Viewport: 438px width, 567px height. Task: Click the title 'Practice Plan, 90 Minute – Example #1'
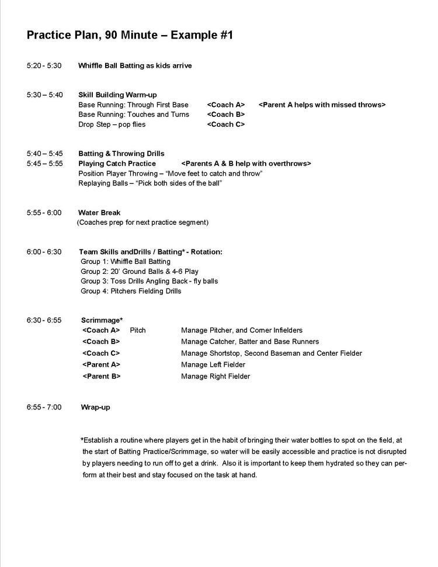coord(130,36)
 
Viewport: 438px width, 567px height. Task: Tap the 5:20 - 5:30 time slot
coord(44,65)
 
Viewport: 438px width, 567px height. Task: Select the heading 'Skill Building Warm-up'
coord(117,95)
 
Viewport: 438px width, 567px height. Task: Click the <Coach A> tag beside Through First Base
coord(225,105)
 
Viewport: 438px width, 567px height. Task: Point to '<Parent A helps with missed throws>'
coord(322,105)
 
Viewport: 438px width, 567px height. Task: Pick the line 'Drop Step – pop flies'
coord(112,124)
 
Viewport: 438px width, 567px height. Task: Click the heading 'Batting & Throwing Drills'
coord(121,154)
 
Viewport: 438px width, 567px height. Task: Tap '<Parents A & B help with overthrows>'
coord(246,164)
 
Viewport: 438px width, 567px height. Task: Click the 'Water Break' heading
coord(99,213)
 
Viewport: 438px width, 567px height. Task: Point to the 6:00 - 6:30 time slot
coord(44,252)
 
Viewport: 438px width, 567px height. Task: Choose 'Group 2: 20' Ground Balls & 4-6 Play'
coord(140,272)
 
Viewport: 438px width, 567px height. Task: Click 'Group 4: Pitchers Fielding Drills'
coord(131,291)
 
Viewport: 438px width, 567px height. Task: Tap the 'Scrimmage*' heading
coord(102,320)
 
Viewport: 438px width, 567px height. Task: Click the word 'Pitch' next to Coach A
coord(138,330)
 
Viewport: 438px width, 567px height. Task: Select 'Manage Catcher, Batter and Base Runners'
coord(250,342)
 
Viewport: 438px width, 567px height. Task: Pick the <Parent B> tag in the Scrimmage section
coord(102,376)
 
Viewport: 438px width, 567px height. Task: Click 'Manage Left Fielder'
coord(213,365)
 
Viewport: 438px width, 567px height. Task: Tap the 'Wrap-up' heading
coord(95,407)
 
